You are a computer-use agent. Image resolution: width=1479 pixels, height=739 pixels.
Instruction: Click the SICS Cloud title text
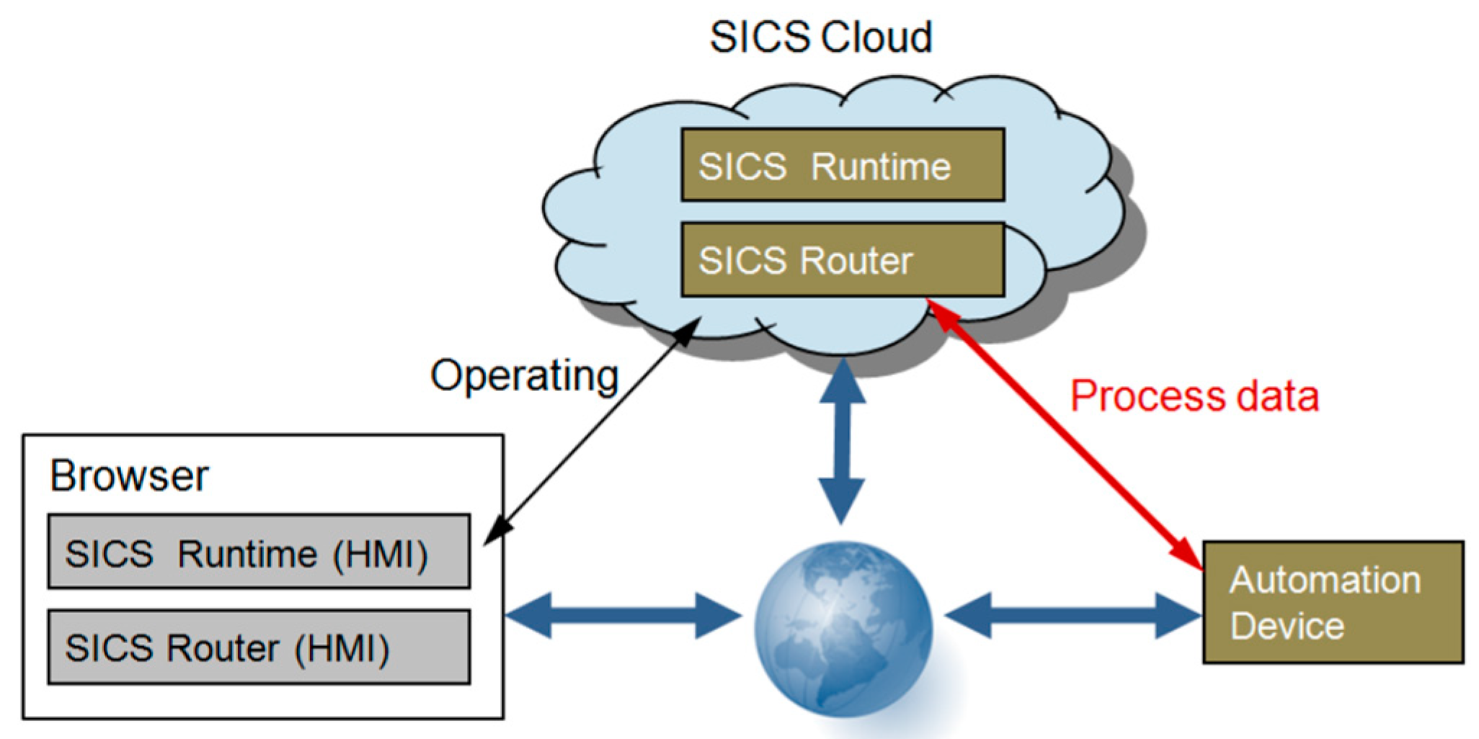click(821, 37)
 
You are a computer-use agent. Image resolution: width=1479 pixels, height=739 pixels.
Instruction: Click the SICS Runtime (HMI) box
click(259, 552)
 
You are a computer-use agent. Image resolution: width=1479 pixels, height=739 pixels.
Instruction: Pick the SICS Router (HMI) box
click(259, 647)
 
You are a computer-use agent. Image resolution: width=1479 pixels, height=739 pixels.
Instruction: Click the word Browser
click(129, 476)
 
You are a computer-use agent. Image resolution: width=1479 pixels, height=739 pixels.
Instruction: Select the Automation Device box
click(1333, 602)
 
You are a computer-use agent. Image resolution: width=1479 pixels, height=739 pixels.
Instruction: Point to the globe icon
click(843, 629)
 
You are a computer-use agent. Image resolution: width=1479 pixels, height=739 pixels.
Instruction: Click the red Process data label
click(1194, 396)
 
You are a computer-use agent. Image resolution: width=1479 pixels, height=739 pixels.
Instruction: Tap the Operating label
click(524, 375)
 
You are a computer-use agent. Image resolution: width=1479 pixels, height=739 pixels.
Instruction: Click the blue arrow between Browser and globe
click(623, 616)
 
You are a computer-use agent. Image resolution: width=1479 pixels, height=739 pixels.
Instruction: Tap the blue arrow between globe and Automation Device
click(1072, 616)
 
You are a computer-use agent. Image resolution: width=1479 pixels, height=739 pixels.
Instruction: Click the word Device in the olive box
click(1287, 625)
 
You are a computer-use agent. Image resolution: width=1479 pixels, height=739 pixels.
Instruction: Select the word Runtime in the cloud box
click(881, 166)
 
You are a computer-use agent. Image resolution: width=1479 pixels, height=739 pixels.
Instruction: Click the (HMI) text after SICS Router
click(342, 648)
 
